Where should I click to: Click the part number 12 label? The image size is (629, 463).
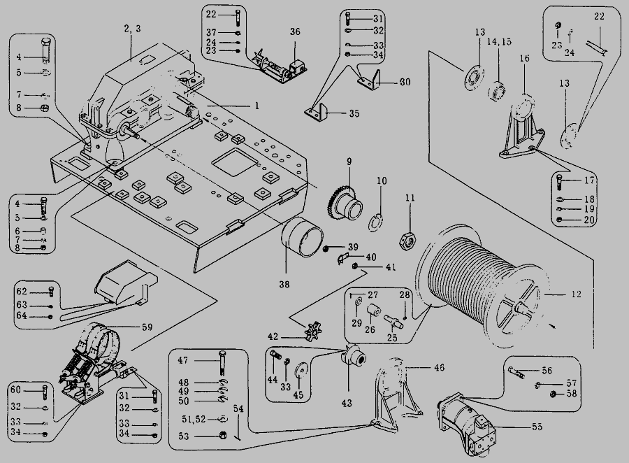575,294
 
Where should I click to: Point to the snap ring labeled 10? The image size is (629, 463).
377,223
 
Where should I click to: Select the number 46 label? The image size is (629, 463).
439,367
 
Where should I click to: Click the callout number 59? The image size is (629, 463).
146,325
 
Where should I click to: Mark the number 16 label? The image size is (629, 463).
525,60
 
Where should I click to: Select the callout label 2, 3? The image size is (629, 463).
132,28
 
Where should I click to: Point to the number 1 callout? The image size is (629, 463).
256,106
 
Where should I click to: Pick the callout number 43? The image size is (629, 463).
347,404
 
